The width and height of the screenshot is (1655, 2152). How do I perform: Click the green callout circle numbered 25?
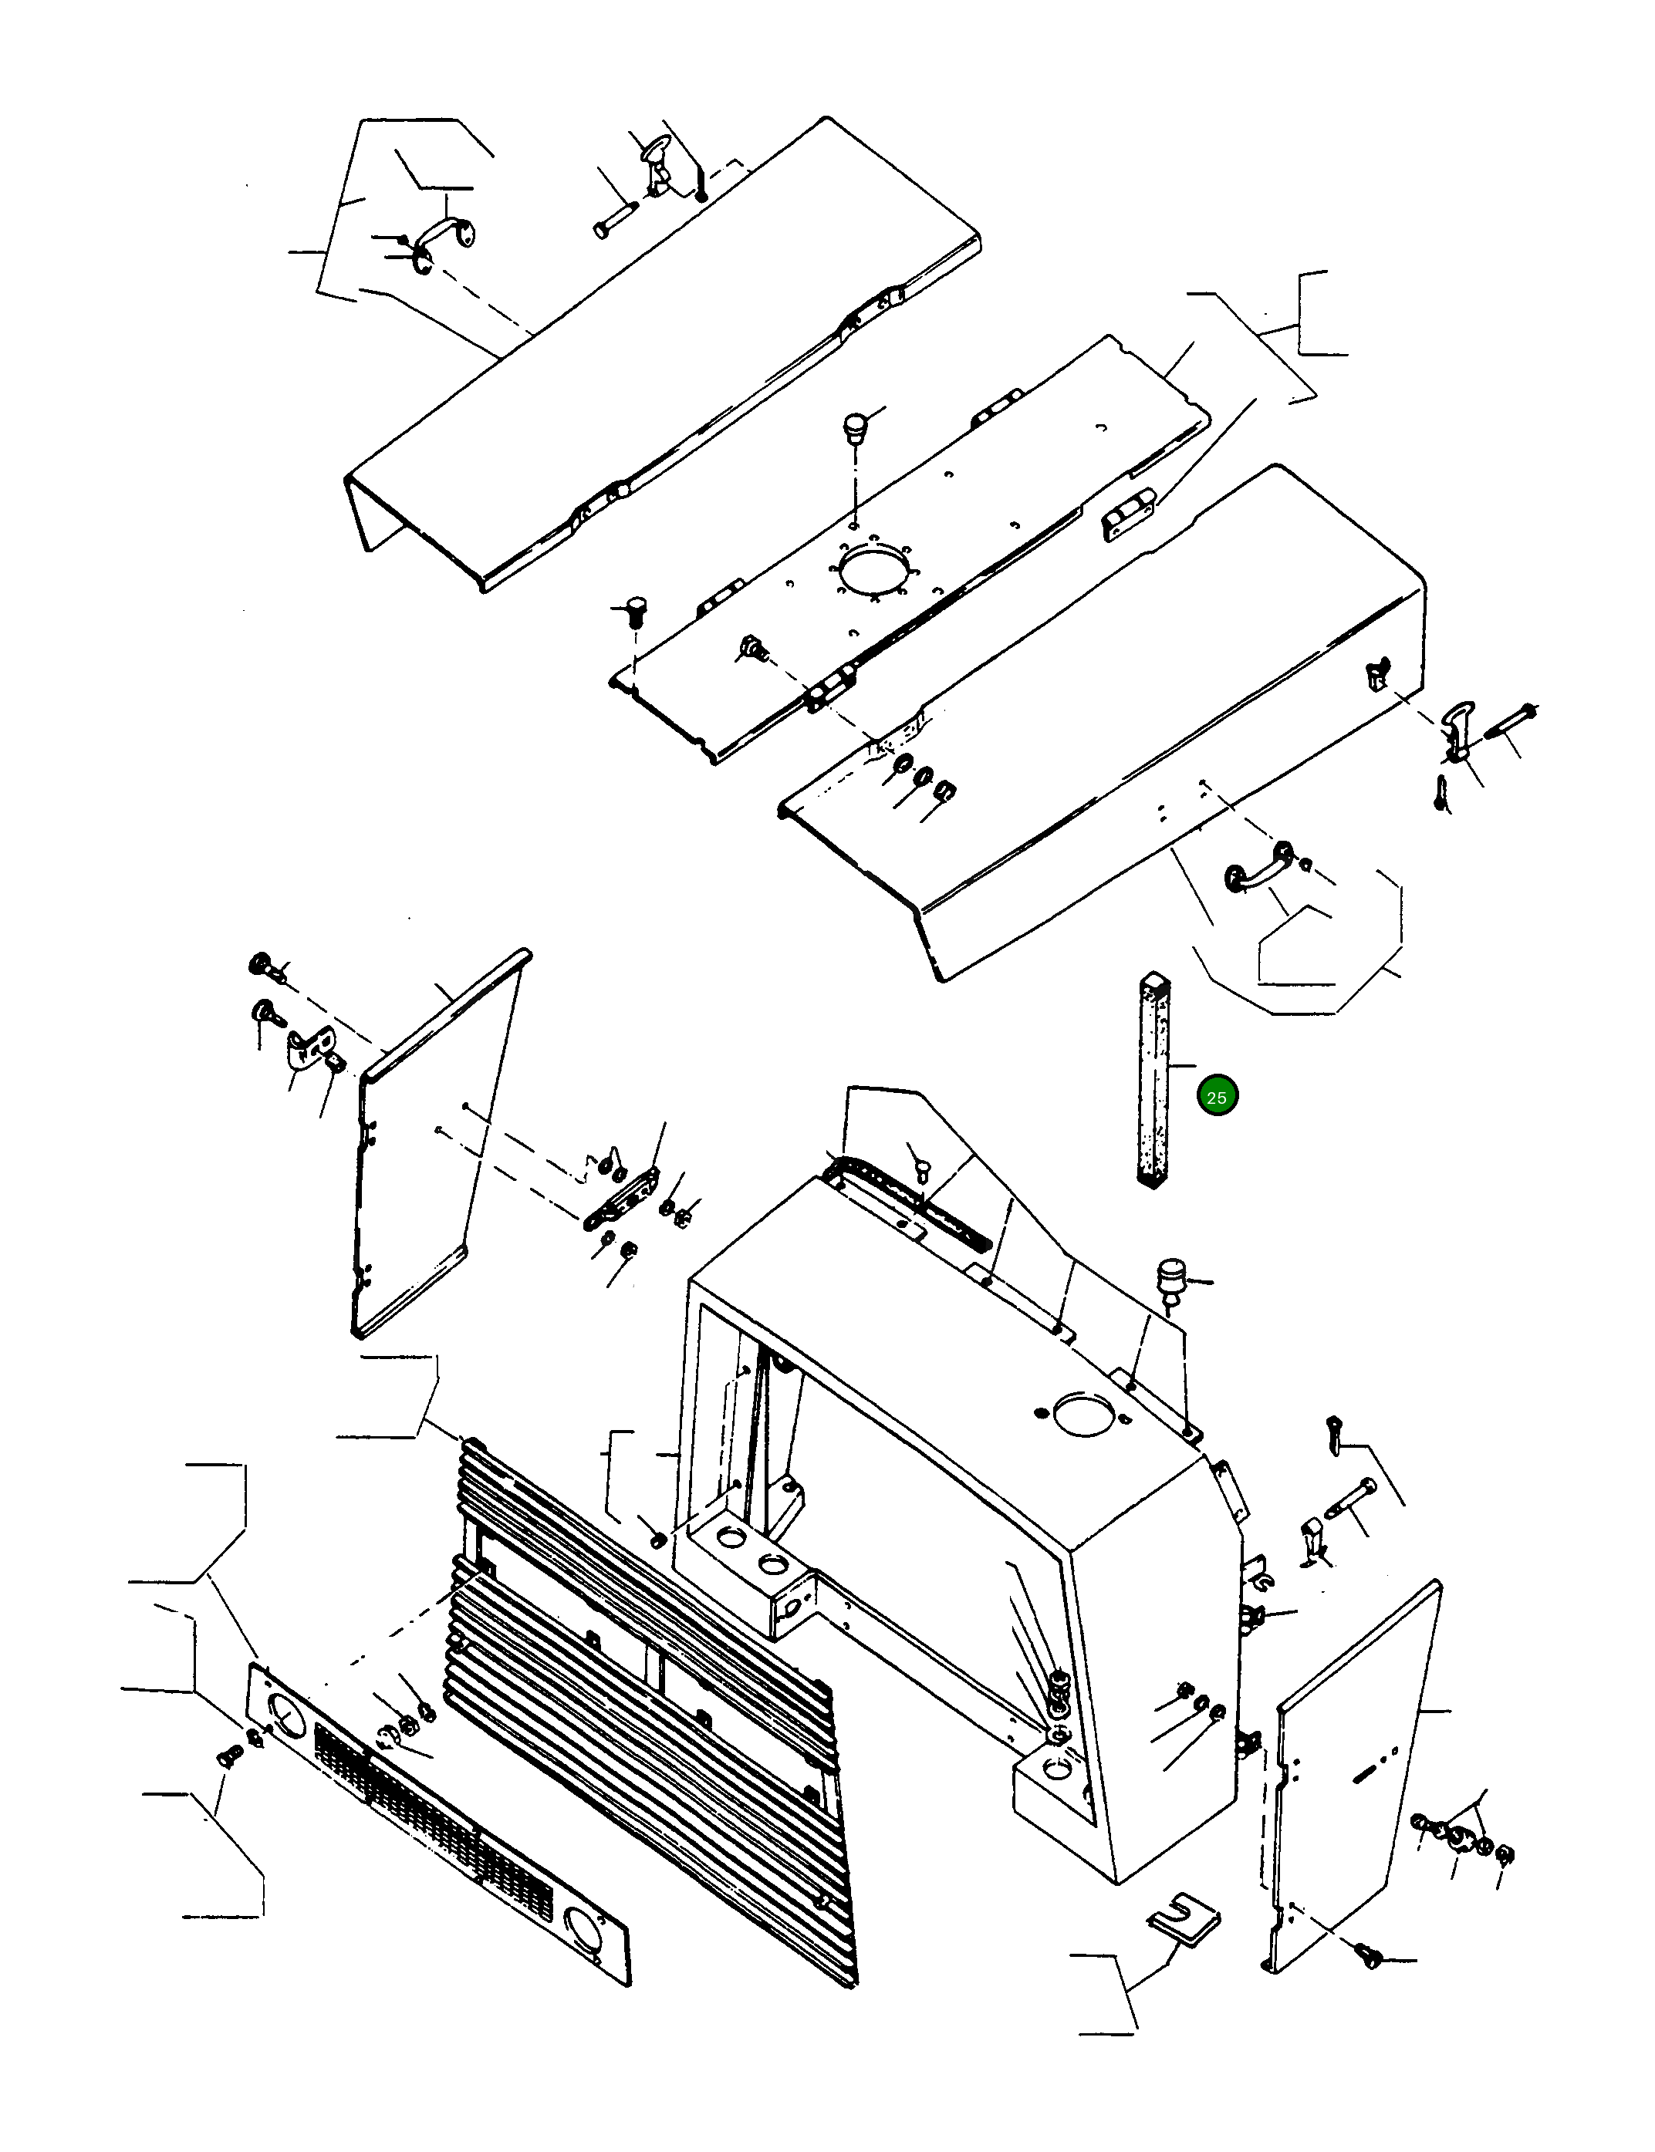click(x=1217, y=1096)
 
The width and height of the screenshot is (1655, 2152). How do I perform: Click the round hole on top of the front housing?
click(x=1082, y=1413)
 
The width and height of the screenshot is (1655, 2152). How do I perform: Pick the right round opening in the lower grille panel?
click(x=583, y=1921)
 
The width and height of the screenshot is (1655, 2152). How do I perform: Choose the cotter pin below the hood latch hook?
click(x=1442, y=792)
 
